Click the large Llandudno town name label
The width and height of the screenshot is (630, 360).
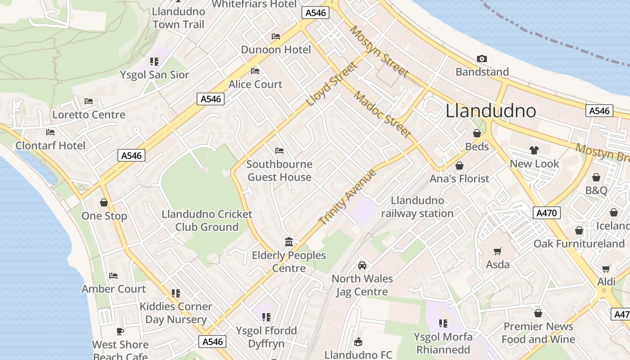click(490, 111)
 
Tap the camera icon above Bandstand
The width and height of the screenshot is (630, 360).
click(482, 58)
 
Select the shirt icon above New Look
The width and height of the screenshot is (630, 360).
click(534, 150)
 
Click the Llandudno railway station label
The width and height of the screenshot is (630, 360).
click(417, 207)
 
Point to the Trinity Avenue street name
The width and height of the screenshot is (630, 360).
click(347, 198)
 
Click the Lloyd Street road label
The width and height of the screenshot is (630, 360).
click(332, 84)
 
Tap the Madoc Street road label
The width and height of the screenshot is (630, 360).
click(382, 114)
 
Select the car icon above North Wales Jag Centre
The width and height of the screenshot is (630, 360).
click(362, 265)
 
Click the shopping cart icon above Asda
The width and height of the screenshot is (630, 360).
click(497, 251)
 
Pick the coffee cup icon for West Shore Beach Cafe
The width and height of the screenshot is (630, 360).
click(120, 332)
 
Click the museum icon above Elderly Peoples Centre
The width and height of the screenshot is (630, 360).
click(289, 242)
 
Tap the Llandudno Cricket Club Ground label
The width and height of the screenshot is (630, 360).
click(207, 220)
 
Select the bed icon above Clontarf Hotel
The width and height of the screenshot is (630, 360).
click(50, 132)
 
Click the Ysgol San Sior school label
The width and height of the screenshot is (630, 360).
click(154, 75)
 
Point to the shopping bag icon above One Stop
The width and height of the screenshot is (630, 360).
click(104, 202)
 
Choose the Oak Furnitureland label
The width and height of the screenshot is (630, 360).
click(579, 244)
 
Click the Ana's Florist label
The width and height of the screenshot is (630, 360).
click(459, 179)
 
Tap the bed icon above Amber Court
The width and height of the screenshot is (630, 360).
click(113, 276)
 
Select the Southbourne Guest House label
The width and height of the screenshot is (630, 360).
click(279, 171)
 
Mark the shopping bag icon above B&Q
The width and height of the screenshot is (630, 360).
click(596, 177)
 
